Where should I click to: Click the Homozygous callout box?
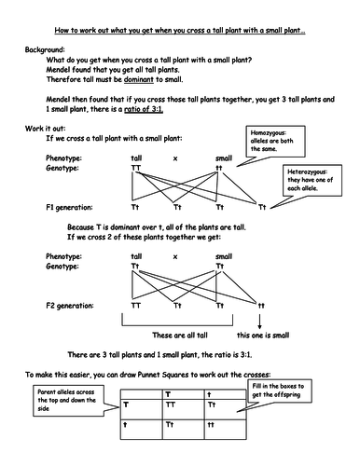pyautogui.click(x=276, y=143)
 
